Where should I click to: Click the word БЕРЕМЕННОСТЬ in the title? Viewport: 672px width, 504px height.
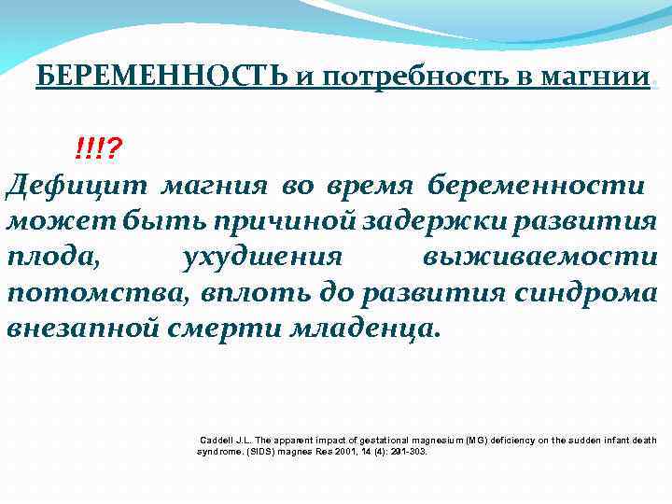coord(162,77)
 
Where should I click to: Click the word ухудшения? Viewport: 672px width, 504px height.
coord(265,259)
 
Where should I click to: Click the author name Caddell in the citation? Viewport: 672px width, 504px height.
coord(217,440)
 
